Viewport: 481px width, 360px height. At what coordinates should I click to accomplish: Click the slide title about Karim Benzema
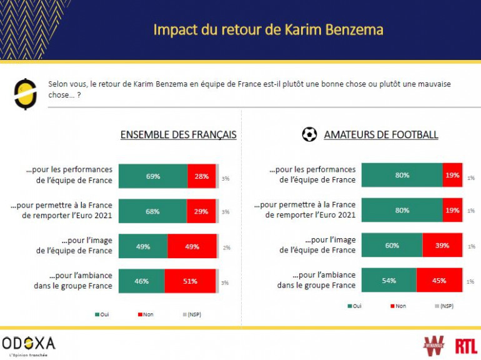269,29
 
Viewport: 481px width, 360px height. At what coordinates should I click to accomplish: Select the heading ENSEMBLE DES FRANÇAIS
178,134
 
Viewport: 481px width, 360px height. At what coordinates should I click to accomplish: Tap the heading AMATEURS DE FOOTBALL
380,134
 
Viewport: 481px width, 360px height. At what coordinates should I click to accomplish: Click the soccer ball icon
309,134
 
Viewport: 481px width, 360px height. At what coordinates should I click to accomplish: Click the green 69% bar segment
153,176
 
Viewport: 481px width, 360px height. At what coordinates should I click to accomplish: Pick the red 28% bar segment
201,176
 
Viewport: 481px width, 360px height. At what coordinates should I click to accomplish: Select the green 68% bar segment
152,211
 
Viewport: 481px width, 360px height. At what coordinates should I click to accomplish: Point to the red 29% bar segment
201,211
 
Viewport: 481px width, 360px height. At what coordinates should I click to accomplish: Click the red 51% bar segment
191,281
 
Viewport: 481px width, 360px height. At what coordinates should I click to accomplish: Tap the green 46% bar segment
142,281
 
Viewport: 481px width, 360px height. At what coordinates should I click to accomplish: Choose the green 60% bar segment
392,246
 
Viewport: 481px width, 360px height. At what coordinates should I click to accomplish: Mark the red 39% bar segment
442,246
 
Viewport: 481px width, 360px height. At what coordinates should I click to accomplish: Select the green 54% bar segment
389,281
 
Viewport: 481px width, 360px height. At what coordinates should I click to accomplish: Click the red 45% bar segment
439,281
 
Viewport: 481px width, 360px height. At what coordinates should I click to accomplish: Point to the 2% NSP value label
226,247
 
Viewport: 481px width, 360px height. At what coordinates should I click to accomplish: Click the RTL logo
466,345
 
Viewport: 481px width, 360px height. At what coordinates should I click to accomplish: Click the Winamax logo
434,344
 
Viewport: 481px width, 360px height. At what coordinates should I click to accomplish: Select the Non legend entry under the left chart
145,314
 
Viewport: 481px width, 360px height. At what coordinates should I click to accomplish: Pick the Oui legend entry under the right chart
354,306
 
